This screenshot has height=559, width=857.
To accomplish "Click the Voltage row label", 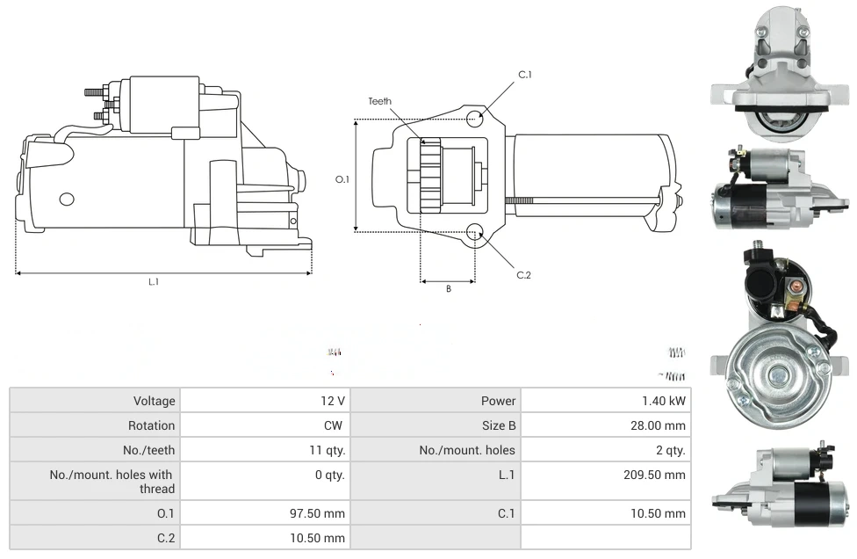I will coord(154,401).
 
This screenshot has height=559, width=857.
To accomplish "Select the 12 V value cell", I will coord(333,401).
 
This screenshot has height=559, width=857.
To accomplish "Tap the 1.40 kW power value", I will coord(664,401).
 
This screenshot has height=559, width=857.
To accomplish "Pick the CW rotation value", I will coord(335,425).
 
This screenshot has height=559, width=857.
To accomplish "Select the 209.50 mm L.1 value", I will coord(652,475).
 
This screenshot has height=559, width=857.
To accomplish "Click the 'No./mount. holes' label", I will coord(467,450).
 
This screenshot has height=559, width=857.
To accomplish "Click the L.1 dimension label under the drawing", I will coord(154,282).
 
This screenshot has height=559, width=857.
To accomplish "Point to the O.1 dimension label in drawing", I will coord(342,179).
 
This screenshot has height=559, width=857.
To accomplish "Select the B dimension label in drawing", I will coord(448,288).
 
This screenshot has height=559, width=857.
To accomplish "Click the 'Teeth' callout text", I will coord(379,102).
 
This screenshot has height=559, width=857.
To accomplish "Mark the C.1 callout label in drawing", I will coord(525,75).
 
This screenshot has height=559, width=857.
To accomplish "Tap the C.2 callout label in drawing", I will coord(523,275).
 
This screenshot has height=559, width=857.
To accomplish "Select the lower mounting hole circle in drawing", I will coord(475,232).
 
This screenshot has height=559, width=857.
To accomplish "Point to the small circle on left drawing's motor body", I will coord(67,199).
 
